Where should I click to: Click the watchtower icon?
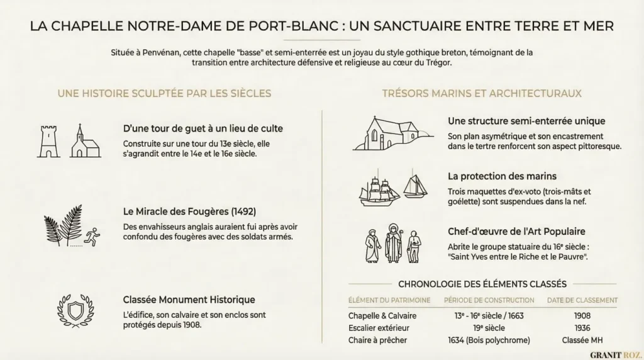tap(48, 140)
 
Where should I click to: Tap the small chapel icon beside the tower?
tap(86, 142)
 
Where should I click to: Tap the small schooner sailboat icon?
tap(414, 186)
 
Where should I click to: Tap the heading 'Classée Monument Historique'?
tap(189, 300)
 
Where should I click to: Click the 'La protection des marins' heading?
tap(502, 176)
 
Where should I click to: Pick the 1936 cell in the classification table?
tap(582, 328)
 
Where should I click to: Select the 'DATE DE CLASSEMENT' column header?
tap(582, 300)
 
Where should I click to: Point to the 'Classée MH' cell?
tap(582, 340)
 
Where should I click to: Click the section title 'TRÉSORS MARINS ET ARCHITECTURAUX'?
tap(482, 93)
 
